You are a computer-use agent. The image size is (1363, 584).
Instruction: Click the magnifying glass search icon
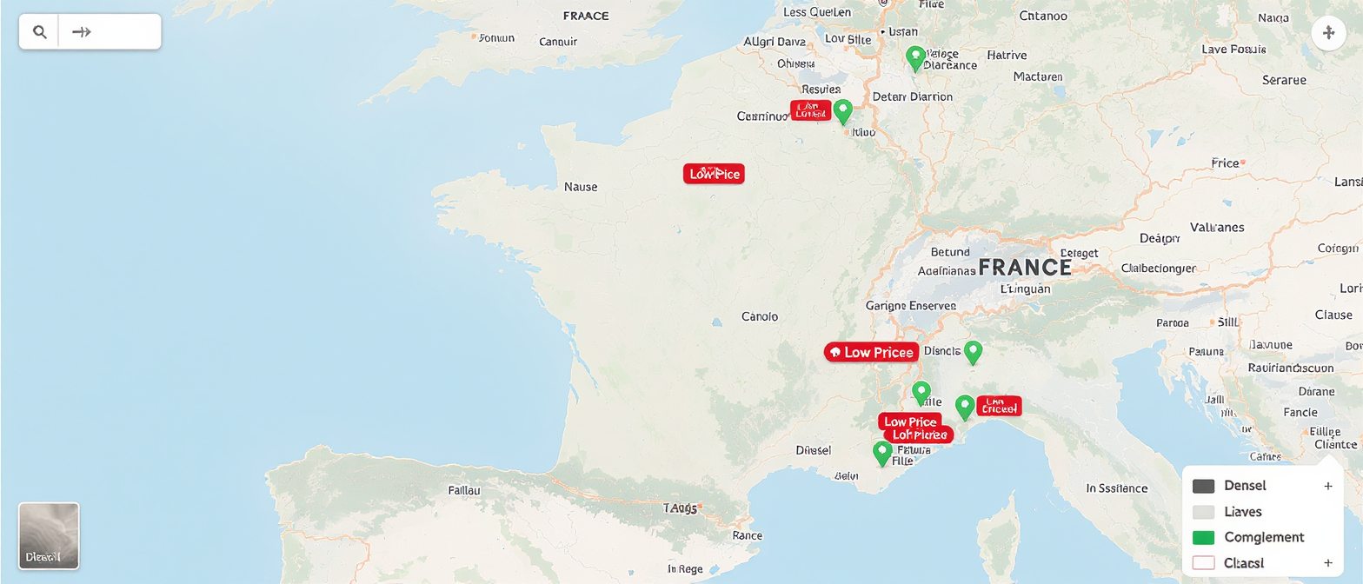[x=39, y=32]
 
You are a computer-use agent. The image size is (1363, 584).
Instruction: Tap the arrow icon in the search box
[x=82, y=32]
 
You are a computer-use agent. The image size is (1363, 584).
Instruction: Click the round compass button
[x=1328, y=34]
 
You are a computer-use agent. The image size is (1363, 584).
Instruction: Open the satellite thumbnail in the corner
[x=49, y=535]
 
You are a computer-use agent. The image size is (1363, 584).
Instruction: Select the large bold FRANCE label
[x=1025, y=267]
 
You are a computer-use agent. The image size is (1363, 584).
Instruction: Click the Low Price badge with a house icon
[x=871, y=352]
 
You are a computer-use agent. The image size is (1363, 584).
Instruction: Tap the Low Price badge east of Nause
[x=714, y=174]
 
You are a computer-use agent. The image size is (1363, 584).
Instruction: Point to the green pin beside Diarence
[x=914, y=57]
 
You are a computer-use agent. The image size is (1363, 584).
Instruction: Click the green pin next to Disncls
[x=974, y=351]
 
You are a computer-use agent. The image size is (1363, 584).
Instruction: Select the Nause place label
[x=581, y=186]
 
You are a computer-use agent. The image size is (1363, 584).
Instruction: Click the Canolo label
[x=760, y=316]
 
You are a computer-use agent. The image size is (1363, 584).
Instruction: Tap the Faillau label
[x=464, y=489]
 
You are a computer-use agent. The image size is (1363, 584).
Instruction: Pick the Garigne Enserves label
[x=910, y=306]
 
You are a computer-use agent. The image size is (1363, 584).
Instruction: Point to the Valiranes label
[x=1216, y=227]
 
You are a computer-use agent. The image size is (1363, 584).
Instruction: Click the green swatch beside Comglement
[x=1204, y=537]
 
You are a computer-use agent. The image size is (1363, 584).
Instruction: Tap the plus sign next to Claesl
[x=1327, y=562]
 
